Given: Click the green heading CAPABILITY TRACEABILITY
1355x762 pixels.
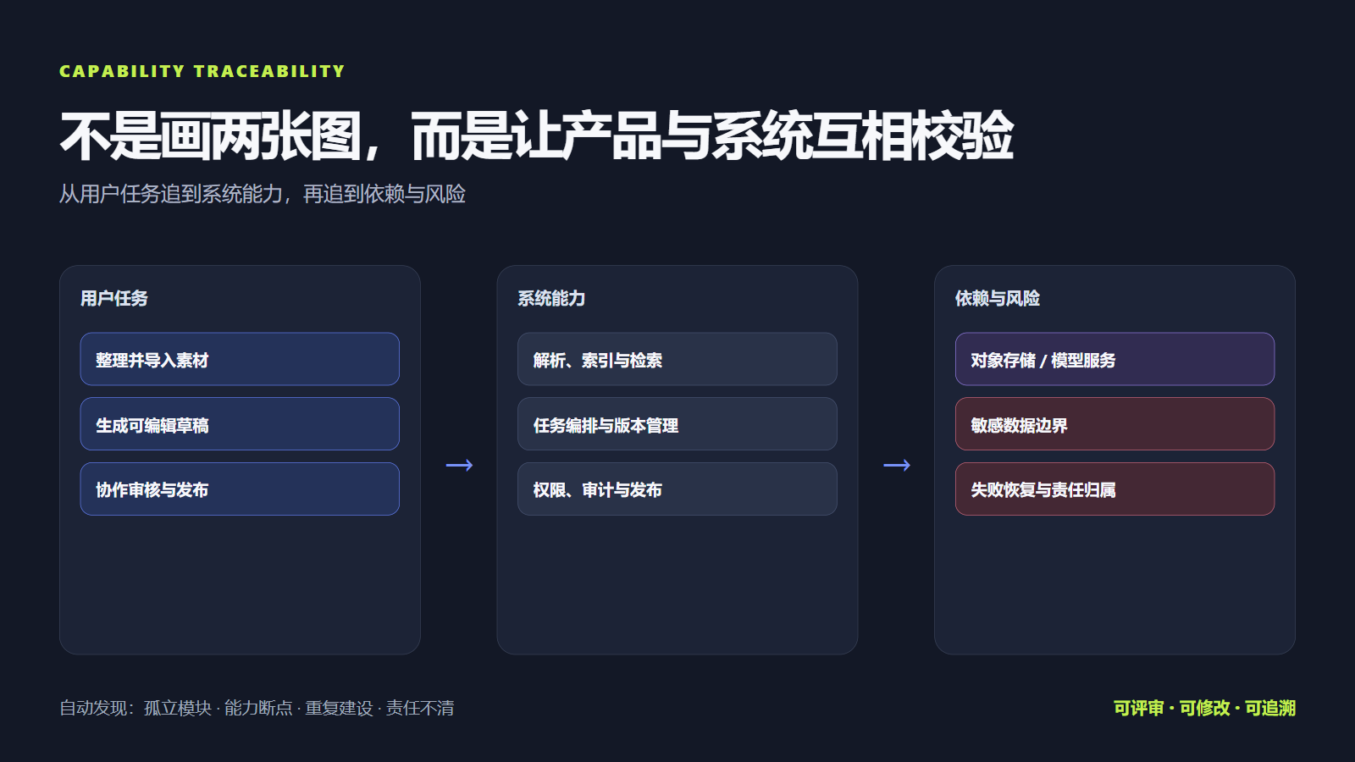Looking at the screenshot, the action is [202, 71].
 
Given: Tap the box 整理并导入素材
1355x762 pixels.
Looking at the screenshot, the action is [240, 359].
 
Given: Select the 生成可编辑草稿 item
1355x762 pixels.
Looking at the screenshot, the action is [240, 424].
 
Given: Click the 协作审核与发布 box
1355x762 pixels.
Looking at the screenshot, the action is [240, 489].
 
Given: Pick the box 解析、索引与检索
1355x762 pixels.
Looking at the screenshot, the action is [677, 359].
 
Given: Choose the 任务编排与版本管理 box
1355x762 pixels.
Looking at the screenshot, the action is [677, 424].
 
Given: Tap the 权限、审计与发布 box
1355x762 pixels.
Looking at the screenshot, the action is [677, 489].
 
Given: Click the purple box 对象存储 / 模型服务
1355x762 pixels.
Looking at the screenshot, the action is [1114, 359].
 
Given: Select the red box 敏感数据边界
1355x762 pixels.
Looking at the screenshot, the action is [1114, 424].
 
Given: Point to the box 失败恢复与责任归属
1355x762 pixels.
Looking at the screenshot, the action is [1114, 489].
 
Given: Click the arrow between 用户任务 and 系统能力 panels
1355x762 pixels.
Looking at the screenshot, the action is [459, 465].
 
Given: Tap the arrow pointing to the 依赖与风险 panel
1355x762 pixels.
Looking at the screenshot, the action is [897, 465].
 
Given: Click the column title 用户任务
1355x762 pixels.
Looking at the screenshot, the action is [114, 298].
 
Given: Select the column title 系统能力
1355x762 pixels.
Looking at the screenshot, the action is [551, 298].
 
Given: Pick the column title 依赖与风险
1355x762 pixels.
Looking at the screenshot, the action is [998, 298].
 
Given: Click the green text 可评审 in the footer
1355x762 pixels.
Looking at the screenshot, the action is [1138, 708].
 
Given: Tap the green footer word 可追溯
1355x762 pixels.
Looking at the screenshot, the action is [1270, 708].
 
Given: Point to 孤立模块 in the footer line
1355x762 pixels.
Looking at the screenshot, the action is [178, 708].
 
